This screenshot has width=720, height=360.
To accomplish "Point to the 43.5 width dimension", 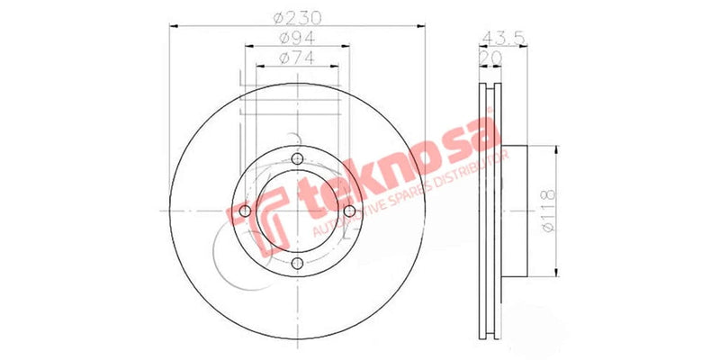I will pos(503,37).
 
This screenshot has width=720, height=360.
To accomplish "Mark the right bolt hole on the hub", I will pos(348,211).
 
